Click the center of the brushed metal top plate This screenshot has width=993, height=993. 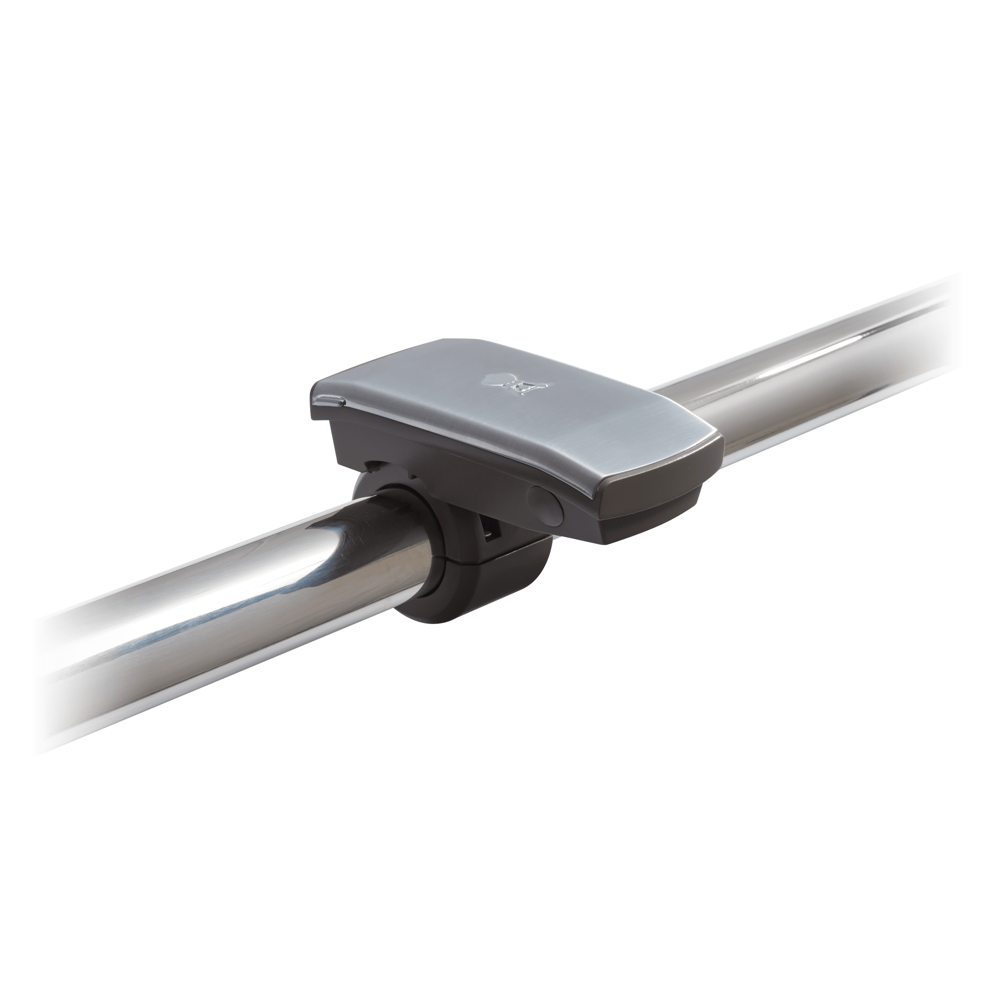coord(514,411)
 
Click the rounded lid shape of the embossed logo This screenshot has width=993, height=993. coord(496,379)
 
